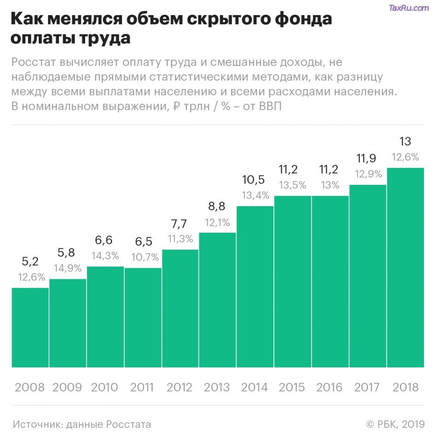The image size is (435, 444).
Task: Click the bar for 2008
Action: pyautogui.click(x=30, y=328)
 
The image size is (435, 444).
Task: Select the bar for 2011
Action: pyautogui.click(x=143, y=317)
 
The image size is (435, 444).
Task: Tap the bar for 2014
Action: pyautogui.click(x=255, y=287)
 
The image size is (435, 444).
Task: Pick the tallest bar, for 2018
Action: pyautogui.click(x=406, y=267)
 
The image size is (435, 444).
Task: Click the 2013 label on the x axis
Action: pyautogui.click(x=217, y=387)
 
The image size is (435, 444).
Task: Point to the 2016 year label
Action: pyautogui.click(x=330, y=387)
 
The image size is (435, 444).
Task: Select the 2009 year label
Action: pyautogui.click(x=67, y=387)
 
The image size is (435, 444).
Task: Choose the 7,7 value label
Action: pyautogui.click(x=180, y=224)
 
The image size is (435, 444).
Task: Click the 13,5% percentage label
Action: pyautogui.click(x=293, y=185)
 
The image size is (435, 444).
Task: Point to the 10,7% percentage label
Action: pyautogui.click(x=144, y=257)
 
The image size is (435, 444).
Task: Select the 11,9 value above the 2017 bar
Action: pyautogui.click(x=367, y=159)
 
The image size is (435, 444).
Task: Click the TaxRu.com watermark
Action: pyautogui.click(x=409, y=8)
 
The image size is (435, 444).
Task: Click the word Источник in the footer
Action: pyautogui.click(x=37, y=424)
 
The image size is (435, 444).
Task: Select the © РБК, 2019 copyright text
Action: pyautogui.click(x=395, y=424)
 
